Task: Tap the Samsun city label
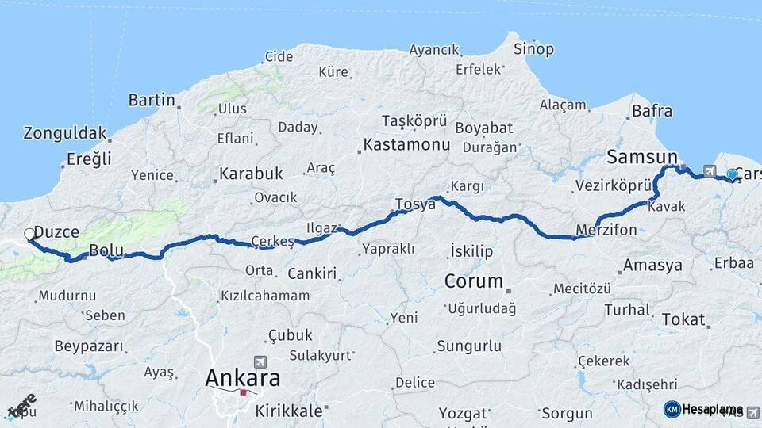point(641,155)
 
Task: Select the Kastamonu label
point(406,145)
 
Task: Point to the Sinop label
point(533,49)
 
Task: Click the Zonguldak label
point(65,132)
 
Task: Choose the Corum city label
point(474,281)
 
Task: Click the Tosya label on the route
point(416,204)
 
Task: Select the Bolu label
point(105,250)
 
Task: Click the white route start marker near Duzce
point(29,234)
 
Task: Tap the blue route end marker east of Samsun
point(732,174)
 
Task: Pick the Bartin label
point(151,100)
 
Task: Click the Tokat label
point(683,320)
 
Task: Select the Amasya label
point(652,266)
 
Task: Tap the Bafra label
point(652,111)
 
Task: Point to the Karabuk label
point(251,173)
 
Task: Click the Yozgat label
point(463,413)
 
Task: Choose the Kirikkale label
point(289,411)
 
